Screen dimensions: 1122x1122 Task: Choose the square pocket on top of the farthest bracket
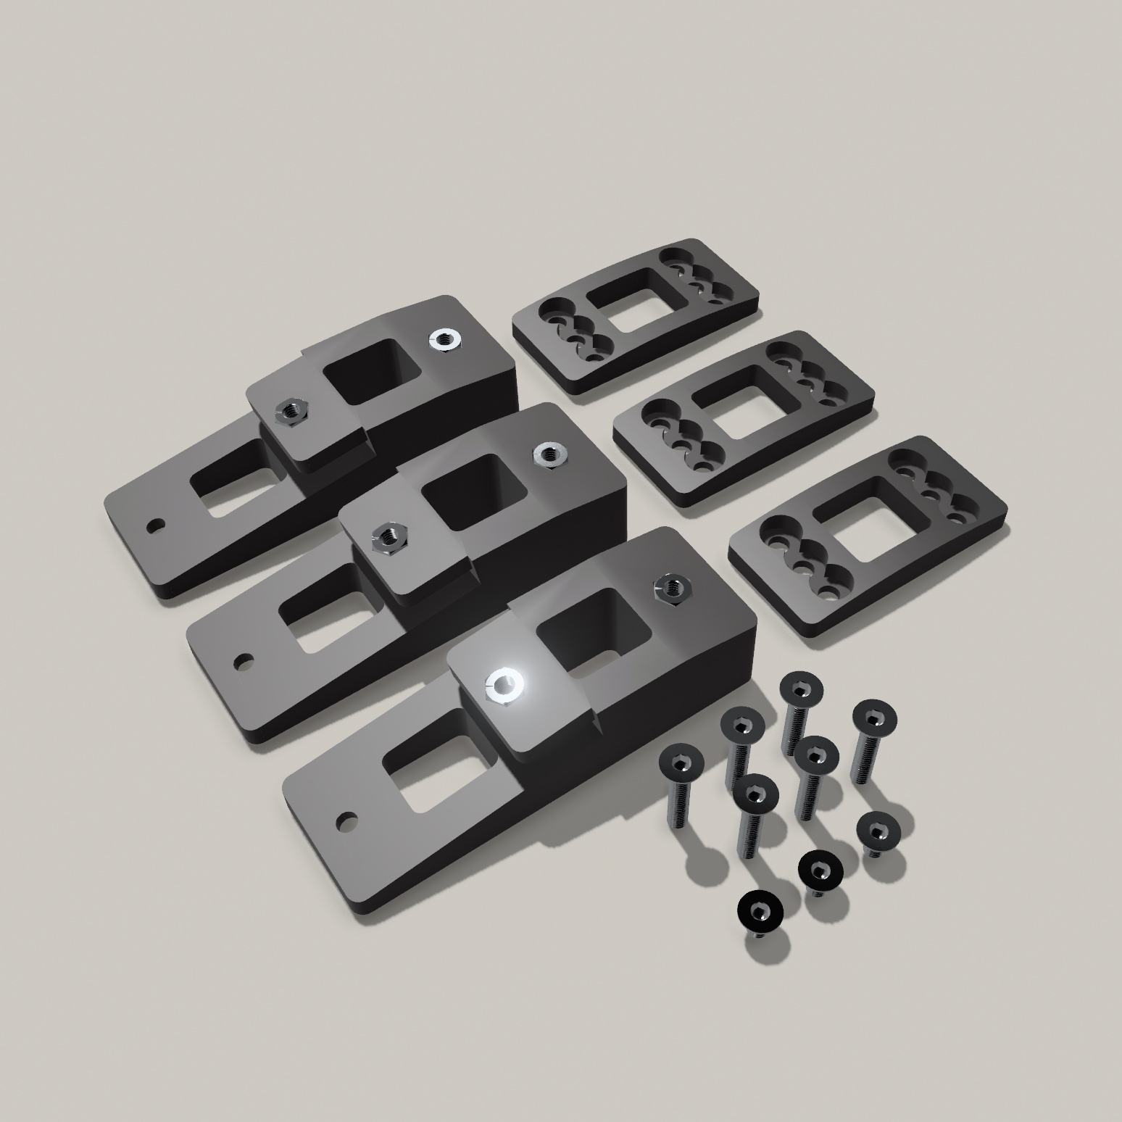(x=371, y=373)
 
